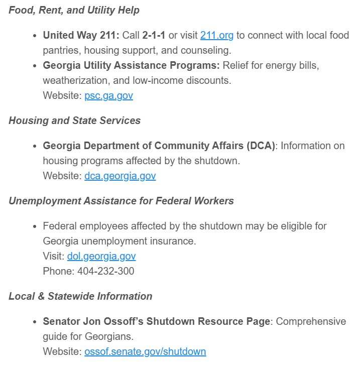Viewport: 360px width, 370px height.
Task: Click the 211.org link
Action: [216, 36]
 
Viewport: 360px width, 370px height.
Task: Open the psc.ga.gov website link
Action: [108, 96]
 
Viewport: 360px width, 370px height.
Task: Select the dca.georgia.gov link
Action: [120, 176]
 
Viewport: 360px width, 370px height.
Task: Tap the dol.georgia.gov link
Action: [101, 257]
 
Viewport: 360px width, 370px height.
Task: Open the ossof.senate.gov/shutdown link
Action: [145, 352]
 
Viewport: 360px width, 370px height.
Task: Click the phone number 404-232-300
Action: [105, 272]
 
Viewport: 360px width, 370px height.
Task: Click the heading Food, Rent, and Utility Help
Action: [74, 10]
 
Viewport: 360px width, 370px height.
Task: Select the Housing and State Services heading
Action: [74, 120]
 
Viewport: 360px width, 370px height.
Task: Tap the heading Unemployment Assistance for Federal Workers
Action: [121, 201]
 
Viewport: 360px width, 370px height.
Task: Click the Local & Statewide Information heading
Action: [80, 296]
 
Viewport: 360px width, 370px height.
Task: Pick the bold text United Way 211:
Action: [81, 36]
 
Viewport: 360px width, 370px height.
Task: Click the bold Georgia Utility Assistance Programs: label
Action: [131, 66]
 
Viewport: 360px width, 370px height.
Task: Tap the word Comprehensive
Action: [311, 322]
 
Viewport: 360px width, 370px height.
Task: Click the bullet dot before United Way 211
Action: [34, 36]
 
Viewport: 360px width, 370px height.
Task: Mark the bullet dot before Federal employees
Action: [34, 227]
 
